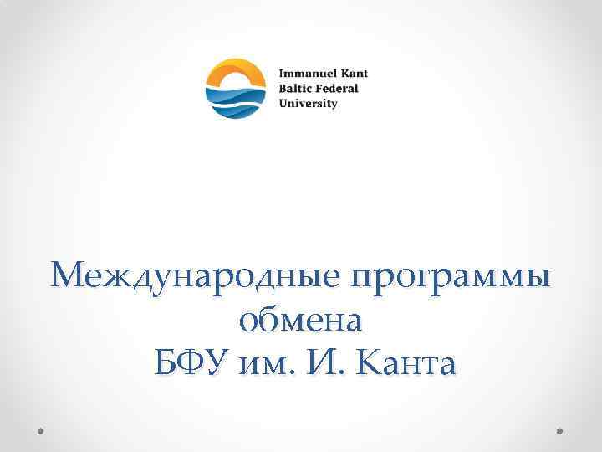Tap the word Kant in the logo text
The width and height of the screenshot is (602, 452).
[x=351, y=74]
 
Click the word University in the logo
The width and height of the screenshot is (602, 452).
[x=308, y=104]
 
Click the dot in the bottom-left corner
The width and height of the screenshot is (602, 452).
[x=41, y=432]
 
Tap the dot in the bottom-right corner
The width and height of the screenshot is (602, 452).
[x=559, y=432]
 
